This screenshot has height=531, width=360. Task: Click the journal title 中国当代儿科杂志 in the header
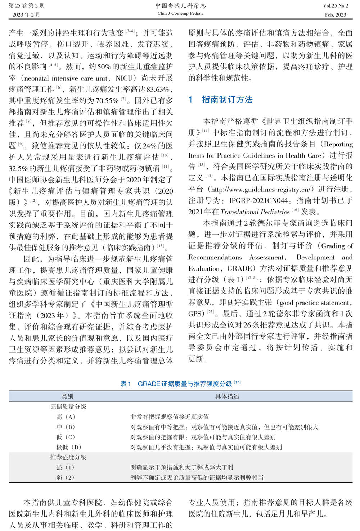(x=180, y=5)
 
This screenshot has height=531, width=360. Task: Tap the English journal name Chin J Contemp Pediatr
(x=180, y=13)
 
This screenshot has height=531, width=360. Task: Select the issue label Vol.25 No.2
(x=336, y=6)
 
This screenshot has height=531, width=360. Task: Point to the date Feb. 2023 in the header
(x=336, y=15)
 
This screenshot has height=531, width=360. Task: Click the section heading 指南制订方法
(x=227, y=100)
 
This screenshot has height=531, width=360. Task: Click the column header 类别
(x=67, y=396)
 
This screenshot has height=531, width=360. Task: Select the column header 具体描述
(x=227, y=396)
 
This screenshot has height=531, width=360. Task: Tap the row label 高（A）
(x=66, y=417)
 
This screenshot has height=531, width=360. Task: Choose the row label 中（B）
(x=66, y=427)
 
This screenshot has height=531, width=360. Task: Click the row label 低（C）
(x=66, y=437)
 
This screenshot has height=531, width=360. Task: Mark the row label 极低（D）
(x=69, y=447)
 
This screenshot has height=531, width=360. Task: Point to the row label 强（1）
(x=65, y=467)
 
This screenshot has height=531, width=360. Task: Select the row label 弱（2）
(x=65, y=477)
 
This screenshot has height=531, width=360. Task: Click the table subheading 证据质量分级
(x=68, y=407)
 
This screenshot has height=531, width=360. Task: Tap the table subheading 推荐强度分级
(x=68, y=457)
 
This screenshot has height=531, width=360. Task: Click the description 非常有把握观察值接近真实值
(x=170, y=417)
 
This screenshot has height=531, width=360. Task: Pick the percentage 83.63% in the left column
(x=158, y=90)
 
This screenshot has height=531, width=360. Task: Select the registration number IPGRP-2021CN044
(x=258, y=201)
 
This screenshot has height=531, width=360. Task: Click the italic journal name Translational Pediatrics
(x=255, y=212)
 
